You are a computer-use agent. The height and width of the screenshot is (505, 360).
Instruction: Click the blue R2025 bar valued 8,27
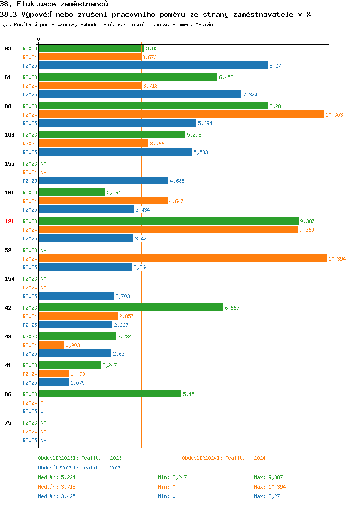click(x=154, y=65)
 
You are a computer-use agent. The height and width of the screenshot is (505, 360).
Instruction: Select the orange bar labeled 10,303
click(x=181, y=114)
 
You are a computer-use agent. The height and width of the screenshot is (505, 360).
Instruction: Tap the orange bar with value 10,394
click(x=183, y=258)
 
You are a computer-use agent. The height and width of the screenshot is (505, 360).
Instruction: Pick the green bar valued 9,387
click(x=169, y=221)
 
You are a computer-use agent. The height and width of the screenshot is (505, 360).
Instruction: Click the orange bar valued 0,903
click(x=51, y=345)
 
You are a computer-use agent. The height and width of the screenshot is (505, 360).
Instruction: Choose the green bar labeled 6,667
click(x=131, y=307)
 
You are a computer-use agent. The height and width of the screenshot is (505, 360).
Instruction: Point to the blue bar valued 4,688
click(x=104, y=180)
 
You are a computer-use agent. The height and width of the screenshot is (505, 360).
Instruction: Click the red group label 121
click(x=9, y=221)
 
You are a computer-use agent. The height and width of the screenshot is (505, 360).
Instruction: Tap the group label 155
click(x=9, y=164)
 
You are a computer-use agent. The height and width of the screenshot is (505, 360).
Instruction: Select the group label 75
click(x=8, y=423)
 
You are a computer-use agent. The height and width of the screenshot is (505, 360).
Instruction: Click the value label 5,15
click(x=189, y=394)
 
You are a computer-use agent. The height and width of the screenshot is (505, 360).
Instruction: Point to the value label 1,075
click(x=77, y=383)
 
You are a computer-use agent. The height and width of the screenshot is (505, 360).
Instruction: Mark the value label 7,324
click(x=250, y=95)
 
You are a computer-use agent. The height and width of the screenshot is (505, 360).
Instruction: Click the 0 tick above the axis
click(x=39, y=39)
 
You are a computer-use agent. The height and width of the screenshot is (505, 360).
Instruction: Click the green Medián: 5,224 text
click(x=57, y=477)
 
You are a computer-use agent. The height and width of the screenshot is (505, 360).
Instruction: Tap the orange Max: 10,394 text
click(x=270, y=487)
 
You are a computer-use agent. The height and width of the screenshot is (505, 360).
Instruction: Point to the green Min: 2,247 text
click(x=172, y=477)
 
